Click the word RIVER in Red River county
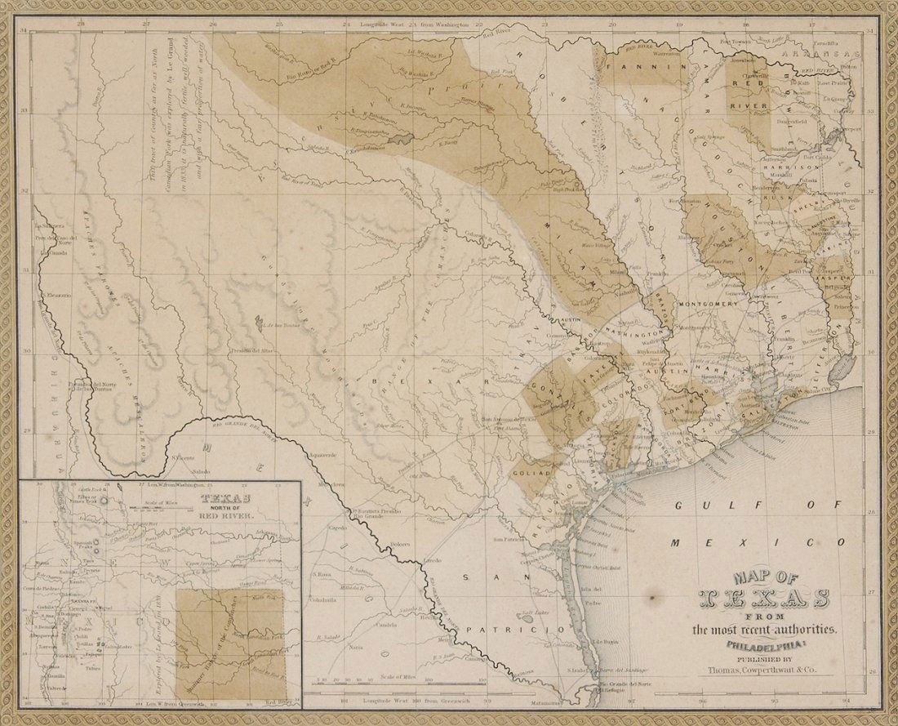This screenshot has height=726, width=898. coord(745,105)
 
